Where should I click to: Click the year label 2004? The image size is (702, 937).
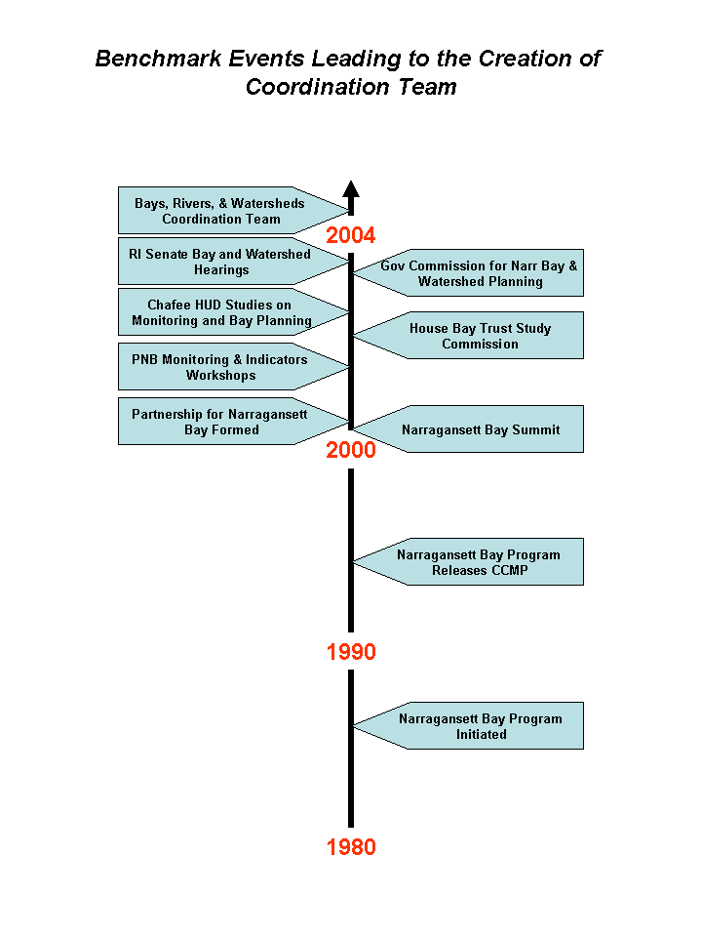pyautogui.click(x=350, y=235)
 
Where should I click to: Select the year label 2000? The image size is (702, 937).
pyautogui.click(x=350, y=450)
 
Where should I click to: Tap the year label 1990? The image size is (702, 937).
pyautogui.click(x=351, y=652)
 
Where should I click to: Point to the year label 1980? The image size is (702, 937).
pyautogui.click(x=351, y=847)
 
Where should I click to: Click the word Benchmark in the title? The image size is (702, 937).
pyautogui.click(x=158, y=59)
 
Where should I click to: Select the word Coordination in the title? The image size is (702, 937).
pyautogui.click(x=318, y=87)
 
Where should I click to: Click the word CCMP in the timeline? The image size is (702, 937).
pyautogui.click(x=509, y=571)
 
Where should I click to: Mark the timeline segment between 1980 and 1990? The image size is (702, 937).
pyautogui.click(x=351, y=749)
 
